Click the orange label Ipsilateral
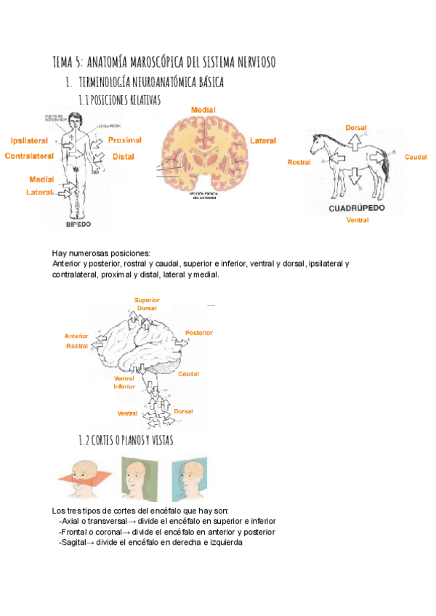30,140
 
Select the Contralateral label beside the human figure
27,156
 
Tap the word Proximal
125,139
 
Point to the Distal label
124,156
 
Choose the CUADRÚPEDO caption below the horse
356,207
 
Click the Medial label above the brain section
203,110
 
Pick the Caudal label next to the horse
416,157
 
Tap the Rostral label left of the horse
299,162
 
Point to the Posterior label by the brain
198,333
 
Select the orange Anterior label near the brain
76,336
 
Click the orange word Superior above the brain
147,299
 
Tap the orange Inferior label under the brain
124,386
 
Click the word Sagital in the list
75,542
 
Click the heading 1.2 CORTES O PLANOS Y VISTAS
125,440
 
